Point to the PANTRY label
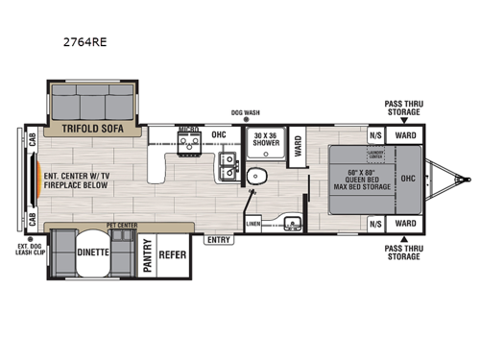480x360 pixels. pos(149,256)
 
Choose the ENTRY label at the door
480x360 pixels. pos(218,240)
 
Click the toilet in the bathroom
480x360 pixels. pos(256,178)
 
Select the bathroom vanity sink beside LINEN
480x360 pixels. pos(293,225)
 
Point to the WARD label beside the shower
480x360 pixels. pos(297,145)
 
